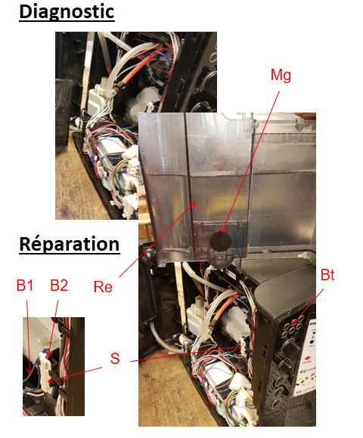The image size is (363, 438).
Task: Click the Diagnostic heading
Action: [x=67, y=12]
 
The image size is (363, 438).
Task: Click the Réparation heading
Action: [x=70, y=245]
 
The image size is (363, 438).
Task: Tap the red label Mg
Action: [x=281, y=76]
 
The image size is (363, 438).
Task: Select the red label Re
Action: [x=103, y=287]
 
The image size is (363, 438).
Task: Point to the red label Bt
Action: [x=327, y=275]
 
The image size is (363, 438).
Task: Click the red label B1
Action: [x=25, y=285]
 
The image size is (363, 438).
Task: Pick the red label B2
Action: [x=59, y=285]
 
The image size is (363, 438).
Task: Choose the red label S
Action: [x=115, y=359]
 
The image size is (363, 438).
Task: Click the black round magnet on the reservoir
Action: [x=220, y=241]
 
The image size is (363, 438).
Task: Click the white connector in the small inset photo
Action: [x=45, y=371]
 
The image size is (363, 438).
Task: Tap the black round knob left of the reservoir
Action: [x=147, y=254]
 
